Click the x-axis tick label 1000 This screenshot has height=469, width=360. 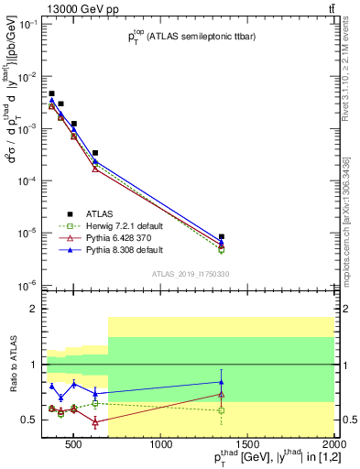(162, 446)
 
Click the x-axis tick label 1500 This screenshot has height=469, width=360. (247, 446)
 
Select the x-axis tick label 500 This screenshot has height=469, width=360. (77, 446)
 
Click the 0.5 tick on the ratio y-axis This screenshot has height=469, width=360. (30, 420)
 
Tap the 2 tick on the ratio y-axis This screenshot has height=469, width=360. (33, 309)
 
